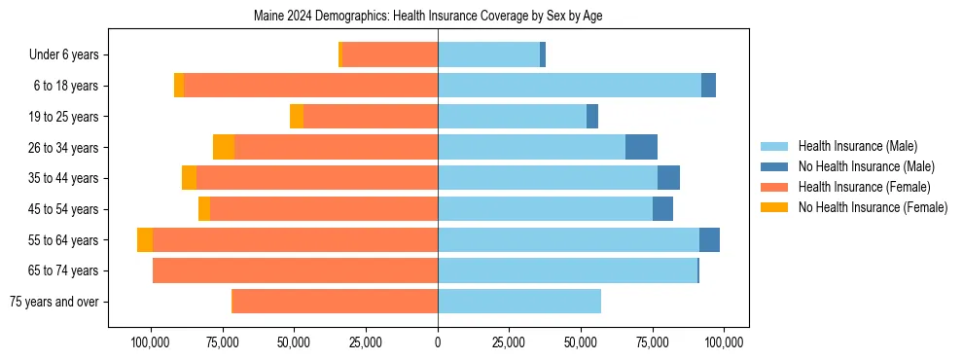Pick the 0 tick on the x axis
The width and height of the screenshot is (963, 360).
pyautogui.click(x=438, y=342)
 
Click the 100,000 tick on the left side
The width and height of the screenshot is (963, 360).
pyautogui.click(x=151, y=342)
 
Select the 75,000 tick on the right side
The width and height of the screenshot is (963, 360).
pyautogui.click(x=653, y=342)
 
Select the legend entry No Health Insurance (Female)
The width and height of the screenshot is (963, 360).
pyautogui.click(x=873, y=207)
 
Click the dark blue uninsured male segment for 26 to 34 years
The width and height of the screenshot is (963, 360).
pyautogui.click(x=641, y=147)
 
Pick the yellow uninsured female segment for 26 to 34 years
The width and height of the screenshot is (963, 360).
pyautogui.click(x=224, y=147)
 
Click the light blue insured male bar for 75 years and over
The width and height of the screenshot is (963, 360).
pyautogui.click(x=519, y=302)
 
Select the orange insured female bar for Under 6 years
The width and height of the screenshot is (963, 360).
pyautogui.click(x=390, y=55)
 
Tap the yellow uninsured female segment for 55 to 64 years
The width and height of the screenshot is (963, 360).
pyautogui.click(x=145, y=240)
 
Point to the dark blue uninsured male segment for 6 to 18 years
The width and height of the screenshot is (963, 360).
pyautogui.click(x=708, y=86)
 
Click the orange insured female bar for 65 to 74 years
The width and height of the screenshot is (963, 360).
pyautogui.click(x=295, y=270)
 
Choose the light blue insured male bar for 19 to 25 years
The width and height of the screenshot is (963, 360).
pyautogui.click(x=512, y=117)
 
